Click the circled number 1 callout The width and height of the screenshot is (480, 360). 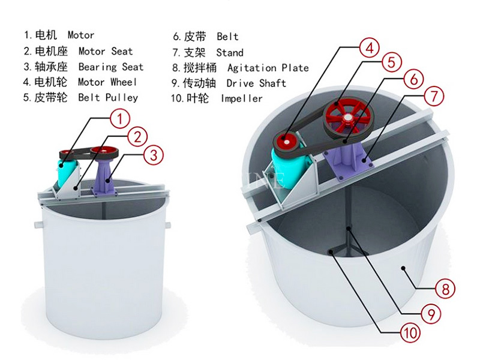(x=120, y=119)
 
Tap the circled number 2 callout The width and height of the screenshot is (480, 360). (x=137, y=137)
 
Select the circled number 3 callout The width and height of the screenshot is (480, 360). (x=154, y=155)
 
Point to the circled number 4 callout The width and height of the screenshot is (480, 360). (x=370, y=48)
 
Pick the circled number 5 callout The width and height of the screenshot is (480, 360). (x=392, y=62)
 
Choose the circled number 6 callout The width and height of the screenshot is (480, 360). (x=413, y=79)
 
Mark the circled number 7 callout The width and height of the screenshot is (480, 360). (x=434, y=96)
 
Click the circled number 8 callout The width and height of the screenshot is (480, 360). (x=445, y=289)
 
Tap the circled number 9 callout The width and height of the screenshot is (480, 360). (x=431, y=313)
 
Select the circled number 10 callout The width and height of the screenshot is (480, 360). (x=410, y=332)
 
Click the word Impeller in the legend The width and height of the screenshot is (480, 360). (x=242, y=98)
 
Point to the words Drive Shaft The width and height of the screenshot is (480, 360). (x=256, y=83)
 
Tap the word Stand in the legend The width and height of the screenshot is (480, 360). (x=230, y=53)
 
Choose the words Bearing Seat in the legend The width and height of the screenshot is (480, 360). (x=111, y=67)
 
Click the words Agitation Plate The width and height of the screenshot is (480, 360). (x=268, y=68)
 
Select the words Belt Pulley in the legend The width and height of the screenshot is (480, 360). (x=108, y=98)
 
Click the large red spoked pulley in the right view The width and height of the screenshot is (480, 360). (x=348, y=118)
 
